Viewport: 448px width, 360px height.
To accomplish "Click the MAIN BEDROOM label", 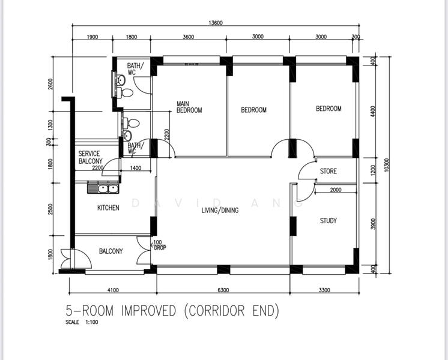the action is coord(189,107).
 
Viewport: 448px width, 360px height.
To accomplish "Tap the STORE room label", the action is coord(328,171).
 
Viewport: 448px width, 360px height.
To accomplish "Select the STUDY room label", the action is coord(328,221).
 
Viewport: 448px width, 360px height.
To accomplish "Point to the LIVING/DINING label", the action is coord(220,211).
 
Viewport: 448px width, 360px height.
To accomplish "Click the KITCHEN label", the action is coord(108,208).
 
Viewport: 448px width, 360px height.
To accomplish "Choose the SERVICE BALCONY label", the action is coord(90,157).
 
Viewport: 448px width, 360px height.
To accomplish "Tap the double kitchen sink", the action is coord(103,189).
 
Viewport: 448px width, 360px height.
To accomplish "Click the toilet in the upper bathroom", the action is coord(125,92).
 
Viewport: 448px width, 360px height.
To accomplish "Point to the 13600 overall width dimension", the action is coord(216,23).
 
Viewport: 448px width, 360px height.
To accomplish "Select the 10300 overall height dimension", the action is coord(387,165).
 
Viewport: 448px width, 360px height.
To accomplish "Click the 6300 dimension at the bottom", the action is coord(223,290).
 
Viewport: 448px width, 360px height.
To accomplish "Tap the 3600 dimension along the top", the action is coord(189,37).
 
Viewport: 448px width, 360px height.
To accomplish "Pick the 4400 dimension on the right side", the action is coord(372,112).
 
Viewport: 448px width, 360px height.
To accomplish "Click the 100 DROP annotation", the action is coord(159,245).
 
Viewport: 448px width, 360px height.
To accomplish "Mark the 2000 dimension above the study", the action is coord(336,190).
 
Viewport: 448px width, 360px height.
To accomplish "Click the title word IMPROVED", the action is coord(148,311).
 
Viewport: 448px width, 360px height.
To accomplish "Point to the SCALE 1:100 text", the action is coord(82,322).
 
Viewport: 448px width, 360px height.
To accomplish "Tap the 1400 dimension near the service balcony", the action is coord(136,168).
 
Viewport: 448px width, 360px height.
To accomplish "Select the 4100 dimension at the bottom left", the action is coord(113,290).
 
